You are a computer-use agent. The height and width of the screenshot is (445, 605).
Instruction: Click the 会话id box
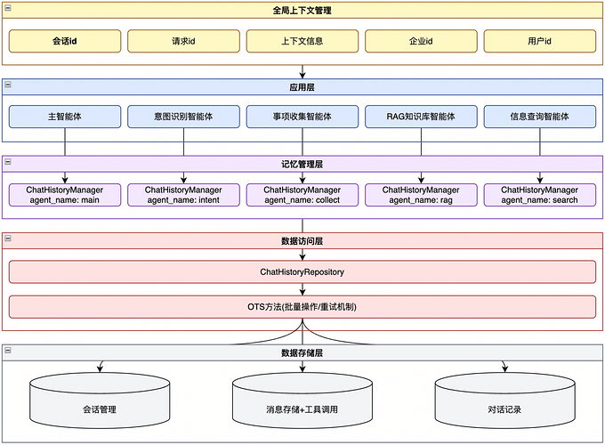pos(65,41)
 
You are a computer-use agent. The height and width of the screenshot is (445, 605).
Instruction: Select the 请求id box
pos(183,41)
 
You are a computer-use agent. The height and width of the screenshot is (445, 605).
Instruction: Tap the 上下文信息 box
pos(302,41)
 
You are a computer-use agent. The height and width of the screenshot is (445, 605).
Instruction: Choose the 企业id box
pos(421,41)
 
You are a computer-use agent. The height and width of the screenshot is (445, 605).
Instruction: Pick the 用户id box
pos(539,41)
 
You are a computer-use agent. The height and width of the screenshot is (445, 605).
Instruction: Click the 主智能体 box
pos(65,117)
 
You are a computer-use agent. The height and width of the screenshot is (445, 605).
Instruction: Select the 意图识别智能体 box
pos(183,117)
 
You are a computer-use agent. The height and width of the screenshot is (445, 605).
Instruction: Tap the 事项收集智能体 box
pos(302,117)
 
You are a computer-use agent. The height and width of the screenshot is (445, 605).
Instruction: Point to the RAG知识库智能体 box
pos(421,117)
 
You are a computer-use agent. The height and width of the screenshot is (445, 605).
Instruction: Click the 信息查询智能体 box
pos(539,117)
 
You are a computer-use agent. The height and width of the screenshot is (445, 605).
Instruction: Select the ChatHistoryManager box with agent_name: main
pos(65,195)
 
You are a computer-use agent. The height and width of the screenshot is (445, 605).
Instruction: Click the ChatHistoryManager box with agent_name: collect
pos(302,195)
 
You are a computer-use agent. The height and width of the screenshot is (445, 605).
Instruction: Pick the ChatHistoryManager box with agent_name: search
pos(539,195)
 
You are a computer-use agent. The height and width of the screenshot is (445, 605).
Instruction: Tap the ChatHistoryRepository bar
pos(302,271)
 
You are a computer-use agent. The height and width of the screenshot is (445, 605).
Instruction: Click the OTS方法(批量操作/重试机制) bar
pos(302,307)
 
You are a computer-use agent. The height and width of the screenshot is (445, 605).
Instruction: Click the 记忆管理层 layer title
pos(302,164)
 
